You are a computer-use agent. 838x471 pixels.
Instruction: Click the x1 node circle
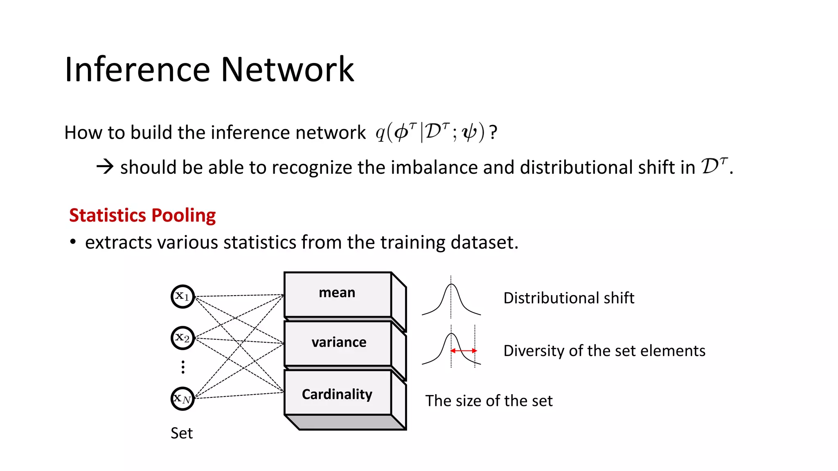click(x=182, y=296)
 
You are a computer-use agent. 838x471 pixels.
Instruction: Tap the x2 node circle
click(x=182, y=338)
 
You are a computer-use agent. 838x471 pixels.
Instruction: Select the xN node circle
click(x=182, y=399)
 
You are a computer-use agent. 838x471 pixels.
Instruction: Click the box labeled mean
click(x=338, y=294)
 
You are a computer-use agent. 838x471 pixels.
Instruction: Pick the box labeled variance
click(x=338, y=343)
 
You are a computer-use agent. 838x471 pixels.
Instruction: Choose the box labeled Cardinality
click(x=338, y=394)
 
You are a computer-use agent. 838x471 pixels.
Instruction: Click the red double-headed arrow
click(x=464, y=350)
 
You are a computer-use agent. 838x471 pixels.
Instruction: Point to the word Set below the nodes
click(x=181, y=433)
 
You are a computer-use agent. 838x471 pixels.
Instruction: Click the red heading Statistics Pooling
click(x=142, y=215)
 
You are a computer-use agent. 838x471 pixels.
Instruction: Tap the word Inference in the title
click(x=137, y=70)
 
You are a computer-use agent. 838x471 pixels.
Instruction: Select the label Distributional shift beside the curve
click(x=568, y=298)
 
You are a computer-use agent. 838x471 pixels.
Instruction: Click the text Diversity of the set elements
click(x=604, y=351)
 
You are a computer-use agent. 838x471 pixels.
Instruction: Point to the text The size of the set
click(x=489, y=401)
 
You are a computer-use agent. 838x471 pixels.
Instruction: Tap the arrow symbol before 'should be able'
click(x=105, y=166)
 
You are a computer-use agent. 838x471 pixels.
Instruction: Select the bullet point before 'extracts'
click(x=73, y=242)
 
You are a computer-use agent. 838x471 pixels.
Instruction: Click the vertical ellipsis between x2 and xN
click(x=183, y=367)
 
